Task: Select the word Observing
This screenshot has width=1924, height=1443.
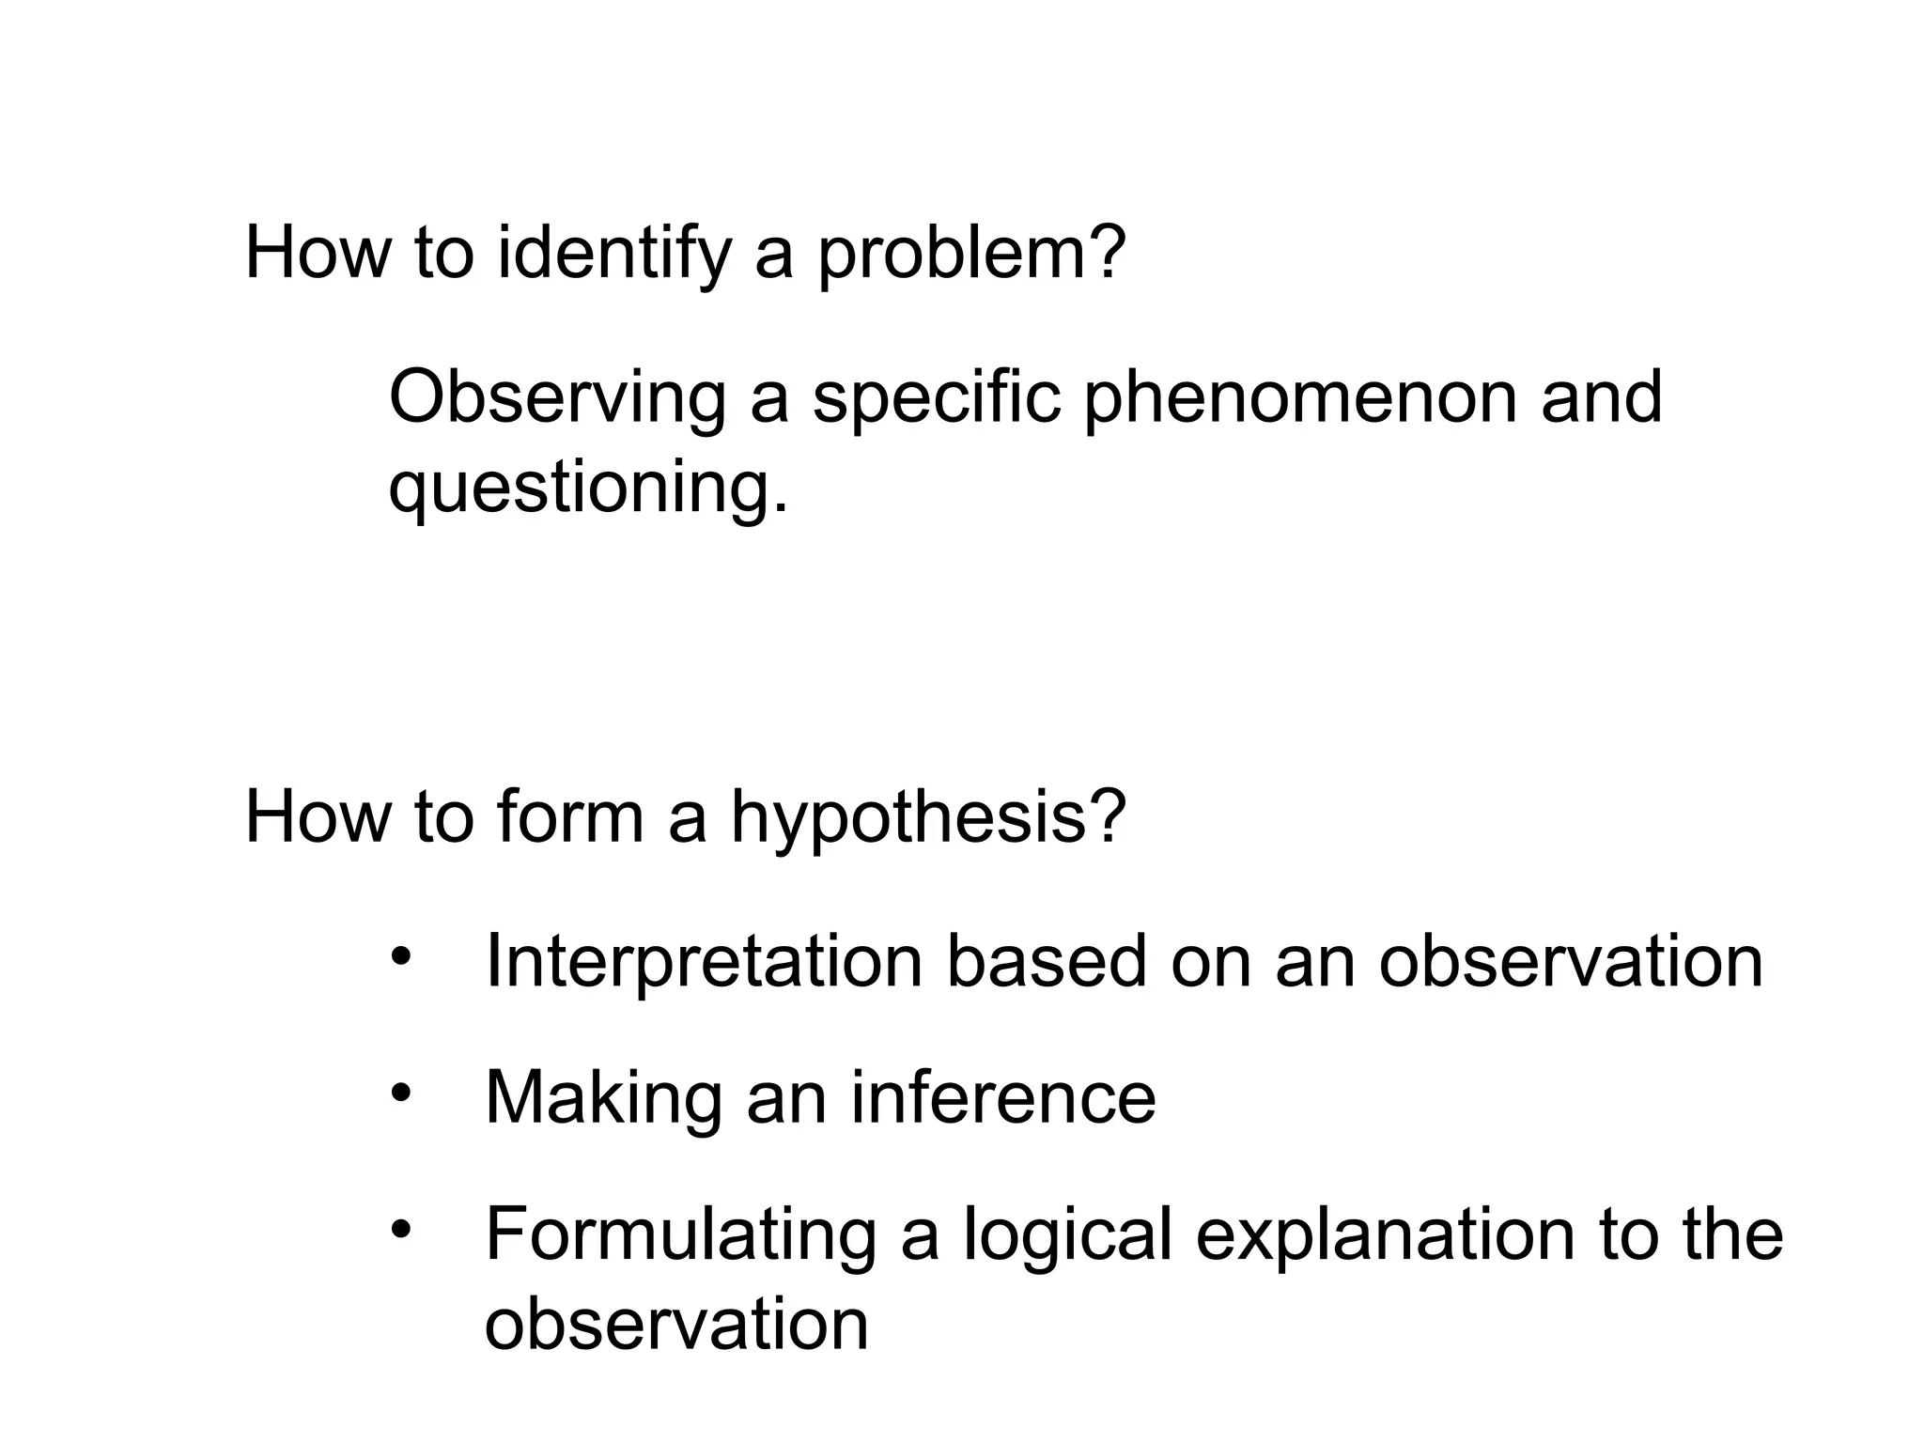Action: pos(557,399)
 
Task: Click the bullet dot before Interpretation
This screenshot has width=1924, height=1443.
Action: pos(402,958)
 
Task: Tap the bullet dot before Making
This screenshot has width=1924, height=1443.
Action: pos(402,1093)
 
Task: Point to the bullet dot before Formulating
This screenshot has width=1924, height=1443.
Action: pos(402,1229)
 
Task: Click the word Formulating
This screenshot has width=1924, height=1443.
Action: pos(680,1235)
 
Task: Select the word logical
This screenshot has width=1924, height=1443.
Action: pos(1067,1235)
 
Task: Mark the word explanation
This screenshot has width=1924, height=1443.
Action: pos(1385,1235)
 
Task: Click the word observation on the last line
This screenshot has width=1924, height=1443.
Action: pos(676,1325)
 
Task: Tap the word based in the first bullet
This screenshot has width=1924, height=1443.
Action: pos(1047,962)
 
